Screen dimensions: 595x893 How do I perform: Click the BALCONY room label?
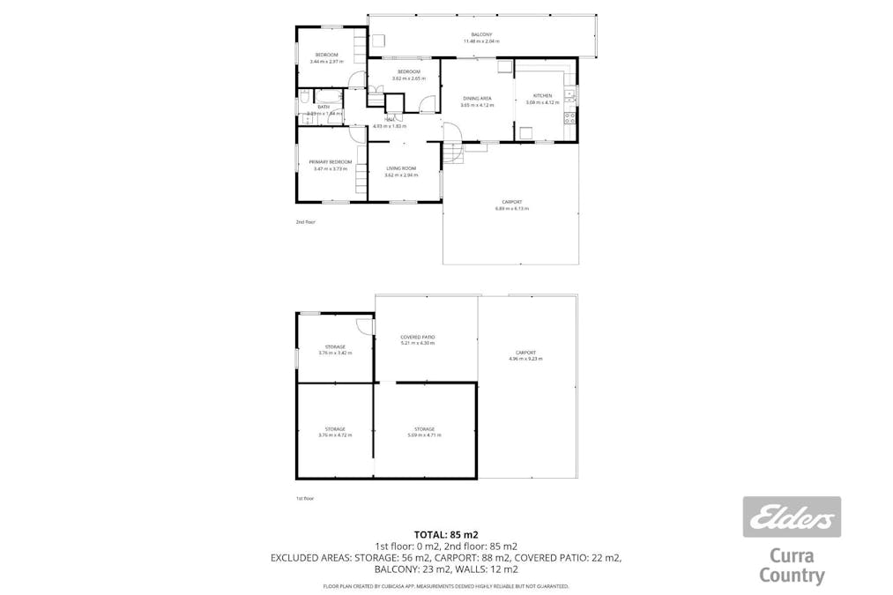[480, 34]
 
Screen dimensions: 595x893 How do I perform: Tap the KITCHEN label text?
[543, 95]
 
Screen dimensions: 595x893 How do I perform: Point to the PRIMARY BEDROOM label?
[330, 162]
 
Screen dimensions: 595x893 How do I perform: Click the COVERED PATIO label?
[418, 337]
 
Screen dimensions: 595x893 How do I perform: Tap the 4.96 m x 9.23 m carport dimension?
[525, 359]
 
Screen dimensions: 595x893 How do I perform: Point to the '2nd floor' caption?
[305, 222]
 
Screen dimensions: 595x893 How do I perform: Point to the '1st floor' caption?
[305, 498]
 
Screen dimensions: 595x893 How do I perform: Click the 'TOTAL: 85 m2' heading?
[446, 533]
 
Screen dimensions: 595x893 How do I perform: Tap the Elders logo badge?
[791, 517]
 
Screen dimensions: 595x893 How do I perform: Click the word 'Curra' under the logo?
[792, 556]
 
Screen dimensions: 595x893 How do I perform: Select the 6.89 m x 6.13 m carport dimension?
[511, 209]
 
